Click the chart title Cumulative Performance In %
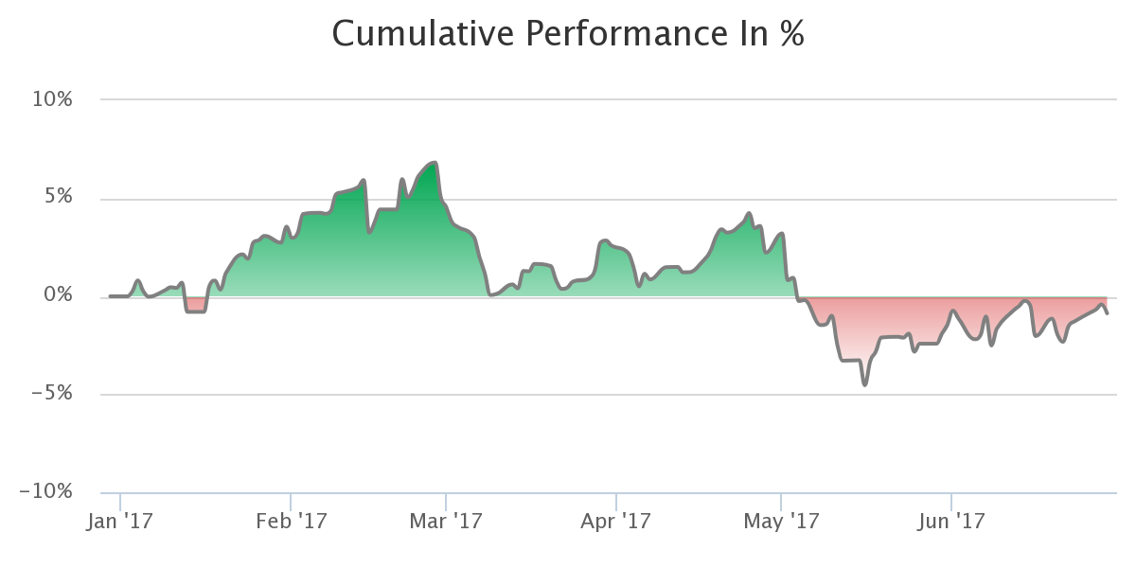point(568,34)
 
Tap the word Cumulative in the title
point(423,34)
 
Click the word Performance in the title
point(628,34)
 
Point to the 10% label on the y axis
point(52,99)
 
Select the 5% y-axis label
point(59,196)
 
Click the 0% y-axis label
point(58,294)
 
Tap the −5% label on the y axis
point(52,393)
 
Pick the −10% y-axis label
point(45,491)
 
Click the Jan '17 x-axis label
point(119,522)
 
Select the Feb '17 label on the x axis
point(292,522)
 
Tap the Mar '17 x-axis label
point(446,522)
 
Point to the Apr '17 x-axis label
point(615,522)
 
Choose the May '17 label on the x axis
point(781,522)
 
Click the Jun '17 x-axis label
point(950,522)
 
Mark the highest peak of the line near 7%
point(435,163)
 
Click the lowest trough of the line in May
point(864,384)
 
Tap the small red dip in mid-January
point(196,305)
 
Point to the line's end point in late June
point(1107,313)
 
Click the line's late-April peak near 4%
point(749,214)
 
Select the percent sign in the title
point(792,34)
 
